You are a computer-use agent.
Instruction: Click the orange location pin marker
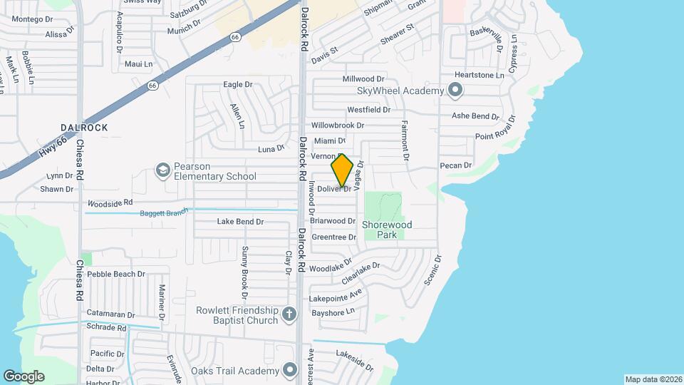pos(342,170)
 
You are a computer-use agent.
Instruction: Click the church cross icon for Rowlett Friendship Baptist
pos(289,314)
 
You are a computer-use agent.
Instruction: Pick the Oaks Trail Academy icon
pos(289,370)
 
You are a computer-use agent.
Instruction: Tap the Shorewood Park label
pos(387,229)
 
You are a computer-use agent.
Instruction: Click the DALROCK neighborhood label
pos(84,128)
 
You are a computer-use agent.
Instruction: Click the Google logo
pos(24,376)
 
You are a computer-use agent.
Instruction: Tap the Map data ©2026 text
pos(653,379)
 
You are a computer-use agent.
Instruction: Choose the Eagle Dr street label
pos(238,84)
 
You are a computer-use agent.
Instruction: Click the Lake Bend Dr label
pos(240,222)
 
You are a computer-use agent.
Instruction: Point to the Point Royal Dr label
pos(498,137)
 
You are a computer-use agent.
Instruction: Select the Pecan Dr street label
pos(457,165)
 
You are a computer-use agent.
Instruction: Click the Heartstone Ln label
pos(479,75)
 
